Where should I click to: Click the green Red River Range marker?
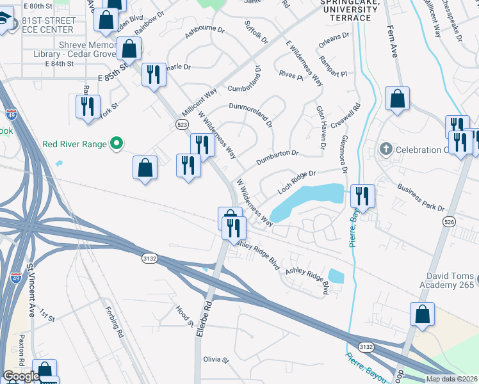[116, 144]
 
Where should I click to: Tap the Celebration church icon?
[385, 150]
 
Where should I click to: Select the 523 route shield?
[181, 124]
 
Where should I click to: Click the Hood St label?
[184, 316]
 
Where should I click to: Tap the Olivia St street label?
[216, 360]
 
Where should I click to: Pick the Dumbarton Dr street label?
[277, 157]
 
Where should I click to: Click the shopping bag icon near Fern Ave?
[397, 99]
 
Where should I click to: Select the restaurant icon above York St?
[88, 106]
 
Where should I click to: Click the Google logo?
[21, 376]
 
